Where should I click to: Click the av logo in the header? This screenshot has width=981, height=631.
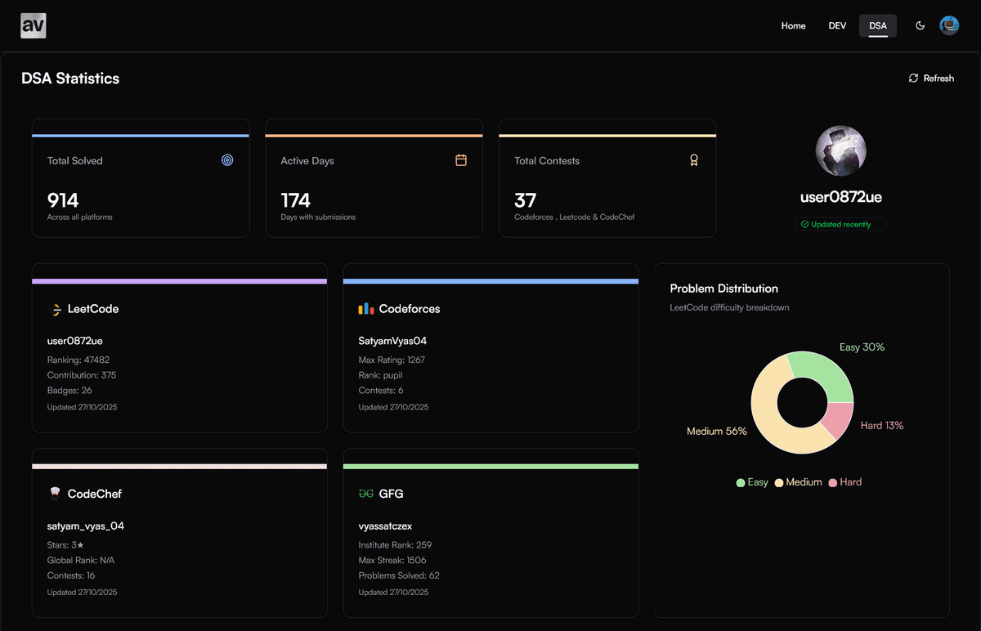pyautogui.click(x=34, y=25)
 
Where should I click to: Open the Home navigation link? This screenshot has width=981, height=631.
pyautogui.click(x=793, y=25)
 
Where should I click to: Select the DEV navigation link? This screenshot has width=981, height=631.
pyautogui.click(x=837, y=25)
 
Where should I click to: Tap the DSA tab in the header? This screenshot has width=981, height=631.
pyautogui.click(x=877, y=25)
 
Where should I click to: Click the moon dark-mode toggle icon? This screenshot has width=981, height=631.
pyautogui.click(x=920, y=25)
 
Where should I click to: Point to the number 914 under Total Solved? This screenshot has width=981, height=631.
pyautogui.click(x=63, y=200)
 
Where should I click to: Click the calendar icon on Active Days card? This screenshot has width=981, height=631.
pyautogui.click(x=461, y=160)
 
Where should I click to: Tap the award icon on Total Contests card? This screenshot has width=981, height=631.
pyautogui.click(x=693, y=160)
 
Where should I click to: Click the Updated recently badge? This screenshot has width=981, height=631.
pyautogui.click(x=840, y=224)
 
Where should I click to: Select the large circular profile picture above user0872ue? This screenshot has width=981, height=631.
pyautogui.click(x=840, y=151)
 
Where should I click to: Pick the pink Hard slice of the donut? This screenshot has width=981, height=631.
pyautogui.click(x=839, y=419)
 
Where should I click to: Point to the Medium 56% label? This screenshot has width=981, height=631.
pyautogui.click(x=716, y=431)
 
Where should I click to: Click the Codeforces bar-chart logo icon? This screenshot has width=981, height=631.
pyautogui.click(x=366, y=309)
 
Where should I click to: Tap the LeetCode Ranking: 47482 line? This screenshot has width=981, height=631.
pyautogui.click(x=78, y=360)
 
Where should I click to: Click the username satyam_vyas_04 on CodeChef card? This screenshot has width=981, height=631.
pyautogui.click(x=86, y=526)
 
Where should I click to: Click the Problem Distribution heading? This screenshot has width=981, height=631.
pyautogui.click(x=723, y=289)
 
